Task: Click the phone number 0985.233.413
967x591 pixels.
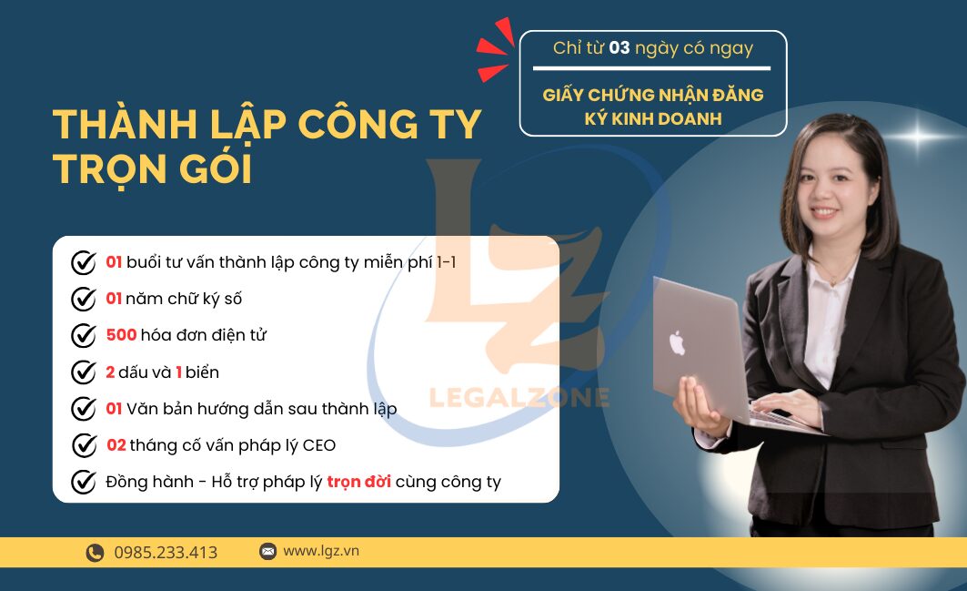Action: point(166,552)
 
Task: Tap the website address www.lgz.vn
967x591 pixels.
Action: point(321,551)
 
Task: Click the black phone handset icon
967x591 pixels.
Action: point(95,553)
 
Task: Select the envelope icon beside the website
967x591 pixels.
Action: point(267,551)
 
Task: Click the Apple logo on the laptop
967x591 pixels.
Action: point(677,343)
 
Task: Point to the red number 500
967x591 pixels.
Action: point(121,335)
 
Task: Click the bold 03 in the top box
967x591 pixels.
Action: point(619,48)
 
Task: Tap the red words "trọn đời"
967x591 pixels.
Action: point(359,482)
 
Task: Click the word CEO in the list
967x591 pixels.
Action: point(318,445)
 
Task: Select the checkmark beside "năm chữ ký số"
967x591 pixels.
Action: point(84,299)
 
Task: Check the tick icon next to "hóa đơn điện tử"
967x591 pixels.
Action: point(84,335)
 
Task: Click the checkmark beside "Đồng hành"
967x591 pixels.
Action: point(84,483)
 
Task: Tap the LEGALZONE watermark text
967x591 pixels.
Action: point(519,398)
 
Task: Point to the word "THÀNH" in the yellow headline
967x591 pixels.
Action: point(125,124)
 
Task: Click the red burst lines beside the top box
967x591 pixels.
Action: point(496,49)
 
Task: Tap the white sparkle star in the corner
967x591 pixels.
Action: point(918,136)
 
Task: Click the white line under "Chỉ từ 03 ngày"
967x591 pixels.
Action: point(652,68)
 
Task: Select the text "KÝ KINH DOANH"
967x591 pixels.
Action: point(653,118)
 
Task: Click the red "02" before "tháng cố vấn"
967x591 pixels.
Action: point(116,445)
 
